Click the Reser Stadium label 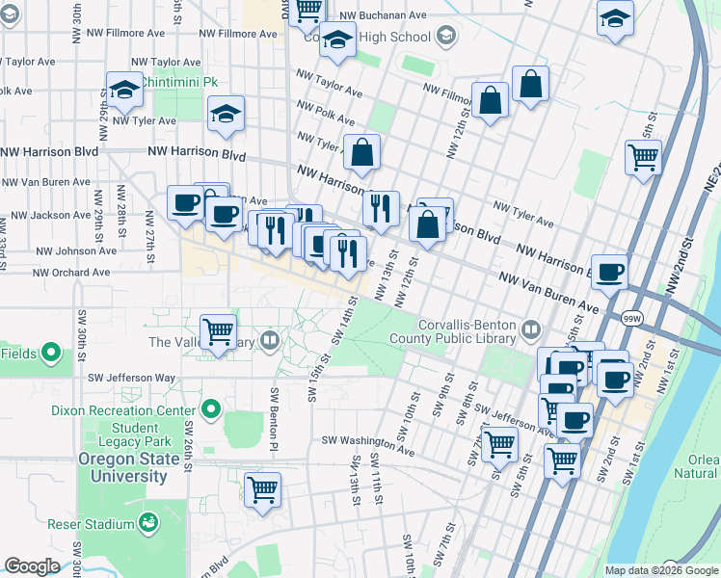[x=91, y=525]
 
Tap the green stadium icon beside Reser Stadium [x=148, y=524]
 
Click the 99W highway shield [x=632, y=317]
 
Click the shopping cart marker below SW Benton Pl [x=262, y=489]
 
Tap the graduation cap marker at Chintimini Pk [x=125, y=91]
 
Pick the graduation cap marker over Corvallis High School [x=337, y=39]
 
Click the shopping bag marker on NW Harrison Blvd [x=362, y=152]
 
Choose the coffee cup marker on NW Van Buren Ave [x=609, y=272]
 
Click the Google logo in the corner [x=31, y=566]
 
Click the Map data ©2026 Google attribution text [x=661, y=570]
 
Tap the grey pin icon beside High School [x=445, y=37]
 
